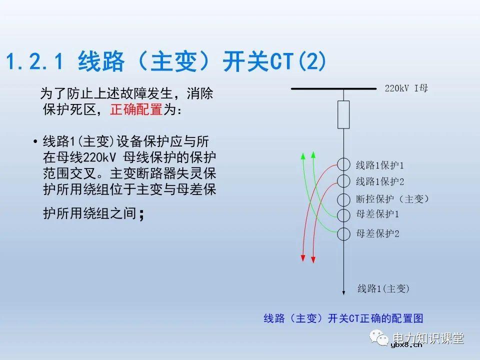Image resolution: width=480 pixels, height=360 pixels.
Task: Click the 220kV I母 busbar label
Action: click(406, 88)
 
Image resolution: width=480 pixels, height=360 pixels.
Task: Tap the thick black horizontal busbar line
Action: click(333, 89)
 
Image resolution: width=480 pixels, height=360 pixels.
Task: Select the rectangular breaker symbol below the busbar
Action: click(343, 114)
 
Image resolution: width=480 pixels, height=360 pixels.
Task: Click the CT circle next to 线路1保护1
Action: click(343, 164)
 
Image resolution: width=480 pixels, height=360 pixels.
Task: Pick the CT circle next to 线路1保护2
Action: click(343, 181)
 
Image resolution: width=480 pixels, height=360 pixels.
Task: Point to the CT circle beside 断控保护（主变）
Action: click(343, 198)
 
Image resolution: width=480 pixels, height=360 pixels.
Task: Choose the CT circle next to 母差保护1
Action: click(343, 215)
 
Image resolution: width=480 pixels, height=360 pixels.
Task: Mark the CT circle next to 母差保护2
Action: click(343, 233)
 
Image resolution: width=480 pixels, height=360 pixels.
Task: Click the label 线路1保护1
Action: click(379, 165)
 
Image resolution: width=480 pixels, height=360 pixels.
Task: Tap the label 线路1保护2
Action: click(379, 181)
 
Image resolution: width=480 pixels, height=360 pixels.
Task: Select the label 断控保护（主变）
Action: click(392, 199)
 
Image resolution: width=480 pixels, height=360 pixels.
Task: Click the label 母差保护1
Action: click(377, 215)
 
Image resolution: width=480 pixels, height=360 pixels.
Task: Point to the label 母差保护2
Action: click(377, 233)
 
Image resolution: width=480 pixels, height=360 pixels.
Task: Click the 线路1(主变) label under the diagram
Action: click(383, 288)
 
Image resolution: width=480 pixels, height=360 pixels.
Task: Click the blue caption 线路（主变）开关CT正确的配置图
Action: click(343, 318)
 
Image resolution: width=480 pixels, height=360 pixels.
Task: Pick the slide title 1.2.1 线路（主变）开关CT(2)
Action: click(166, 62)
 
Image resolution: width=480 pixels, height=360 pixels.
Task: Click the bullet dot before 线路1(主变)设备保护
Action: click(35, 141)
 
